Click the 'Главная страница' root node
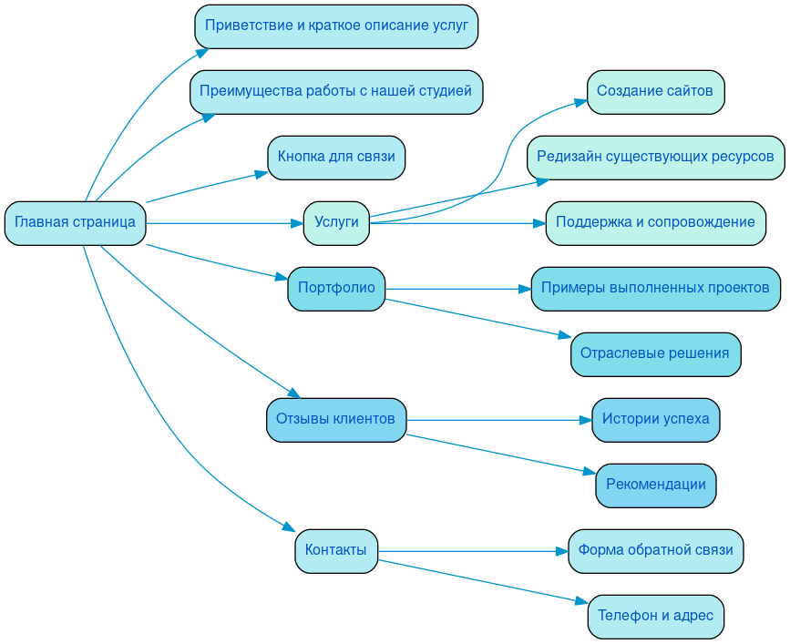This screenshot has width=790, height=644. (75, 223)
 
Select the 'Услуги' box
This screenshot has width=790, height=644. (336, 223)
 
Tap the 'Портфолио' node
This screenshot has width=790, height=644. (336, 289)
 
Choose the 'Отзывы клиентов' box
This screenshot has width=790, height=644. (336, 420)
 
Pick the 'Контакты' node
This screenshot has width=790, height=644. (336, 551)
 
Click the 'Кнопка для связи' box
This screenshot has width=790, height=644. (336, 158)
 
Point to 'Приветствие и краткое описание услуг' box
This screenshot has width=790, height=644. (336, 26)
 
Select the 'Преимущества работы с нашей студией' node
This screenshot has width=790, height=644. (336, 92)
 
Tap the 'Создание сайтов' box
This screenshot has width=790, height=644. (655, 92)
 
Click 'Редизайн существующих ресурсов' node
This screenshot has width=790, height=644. (655, 158)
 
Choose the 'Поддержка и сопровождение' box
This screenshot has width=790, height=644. (655, 223)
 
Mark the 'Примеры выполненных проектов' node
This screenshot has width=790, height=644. (655, 289)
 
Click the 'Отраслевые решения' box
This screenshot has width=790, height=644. (655, 354)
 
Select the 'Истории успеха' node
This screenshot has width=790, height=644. (655, 420)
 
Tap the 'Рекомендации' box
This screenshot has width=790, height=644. (655, 486)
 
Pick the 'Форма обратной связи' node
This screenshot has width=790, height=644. (655, 551)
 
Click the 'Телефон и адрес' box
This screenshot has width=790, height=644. (655, 617)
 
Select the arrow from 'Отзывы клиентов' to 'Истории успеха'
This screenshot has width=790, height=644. (492, 420)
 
